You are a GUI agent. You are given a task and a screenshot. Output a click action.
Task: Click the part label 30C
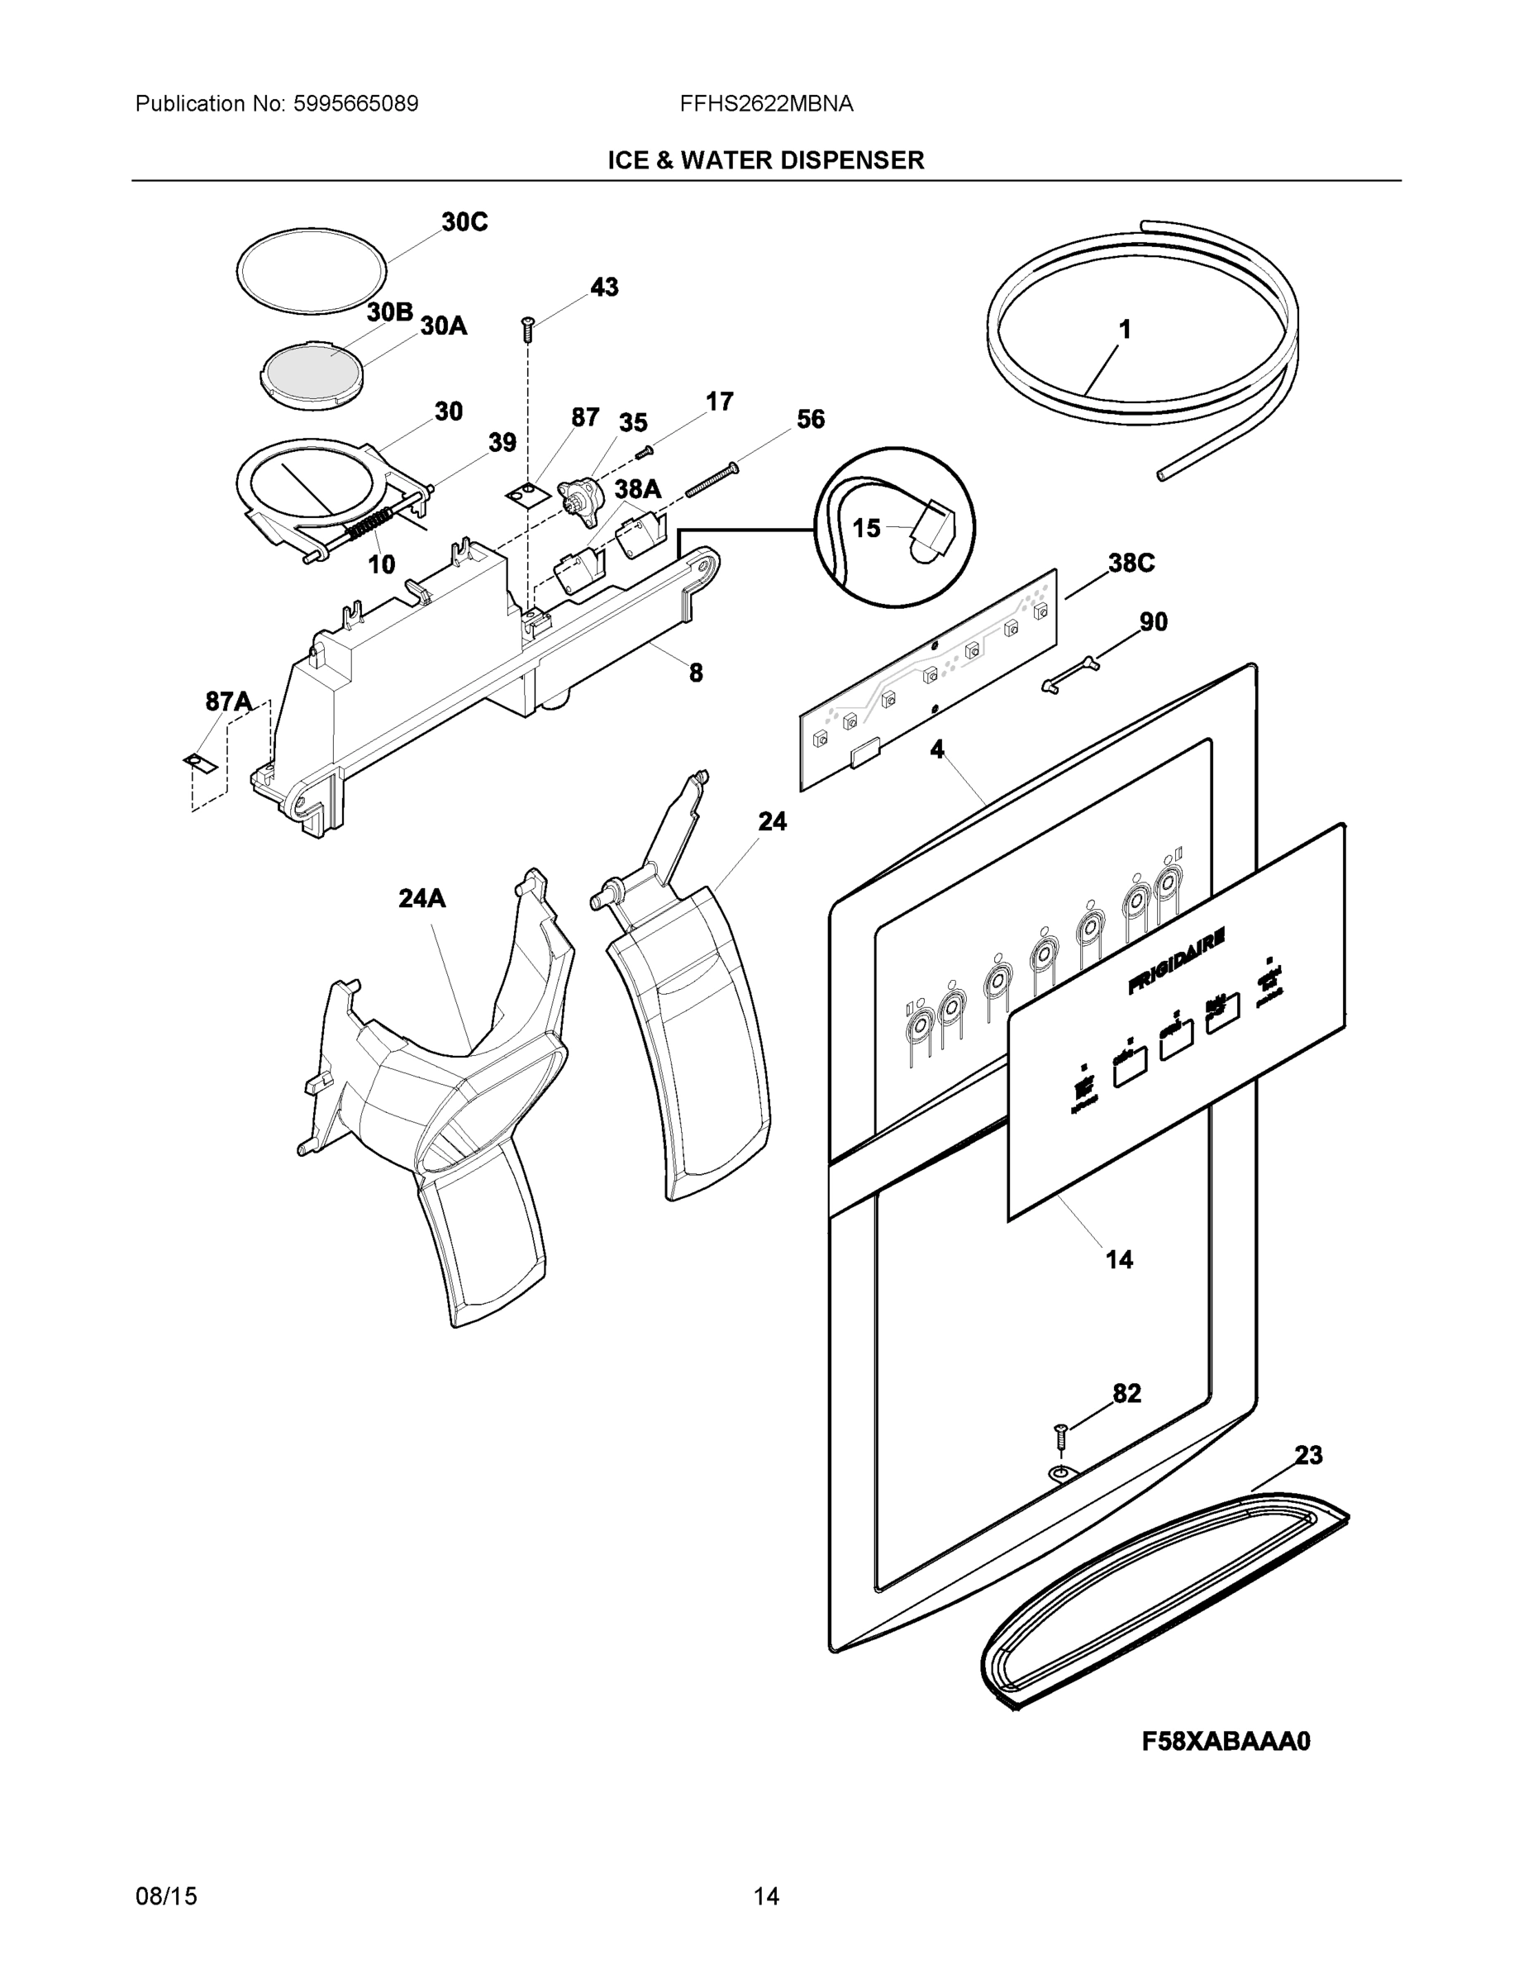click(464, 221)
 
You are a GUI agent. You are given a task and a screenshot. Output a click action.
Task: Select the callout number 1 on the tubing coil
click(1124, 330)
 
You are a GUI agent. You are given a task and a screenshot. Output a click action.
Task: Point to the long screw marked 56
click(710, 479)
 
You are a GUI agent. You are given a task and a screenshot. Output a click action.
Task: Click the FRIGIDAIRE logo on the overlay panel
click(1177, 961)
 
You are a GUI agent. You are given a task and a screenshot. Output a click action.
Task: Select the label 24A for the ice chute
click(422, 898)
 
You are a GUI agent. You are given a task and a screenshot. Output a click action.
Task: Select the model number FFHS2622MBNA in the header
click(767, 104)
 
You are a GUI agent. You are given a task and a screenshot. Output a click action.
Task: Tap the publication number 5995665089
click(355, 104)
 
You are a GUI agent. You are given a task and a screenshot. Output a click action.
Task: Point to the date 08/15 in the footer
click(166, 1896)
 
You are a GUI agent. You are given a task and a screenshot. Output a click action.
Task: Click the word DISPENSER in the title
click(850, 161)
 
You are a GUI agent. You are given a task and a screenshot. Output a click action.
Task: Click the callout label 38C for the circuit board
click(1131, 563)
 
